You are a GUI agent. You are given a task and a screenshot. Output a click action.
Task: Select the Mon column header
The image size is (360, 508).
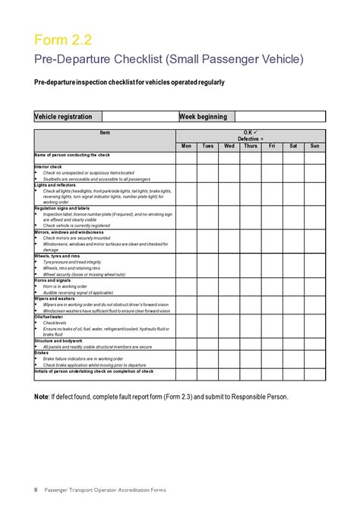[x=186, y=146]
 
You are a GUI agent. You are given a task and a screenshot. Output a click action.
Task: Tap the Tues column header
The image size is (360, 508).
[x=207, y=146]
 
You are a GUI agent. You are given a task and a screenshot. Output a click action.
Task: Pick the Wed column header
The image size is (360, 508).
[x=229, y=146]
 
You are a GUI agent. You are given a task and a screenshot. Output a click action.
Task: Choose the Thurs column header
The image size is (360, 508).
[x=250, y=146]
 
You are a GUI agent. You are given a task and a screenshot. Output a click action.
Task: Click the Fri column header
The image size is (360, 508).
[x=271, y=146]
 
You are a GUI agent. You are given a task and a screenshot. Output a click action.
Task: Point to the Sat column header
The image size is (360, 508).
[x=292, y=146]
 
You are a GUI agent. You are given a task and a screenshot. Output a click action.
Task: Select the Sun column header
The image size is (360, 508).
[x=314, y=146]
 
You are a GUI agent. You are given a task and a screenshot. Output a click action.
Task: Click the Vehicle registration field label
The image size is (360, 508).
[x=64, y=117]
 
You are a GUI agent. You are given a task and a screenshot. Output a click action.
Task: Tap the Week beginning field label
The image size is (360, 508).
[x=203, y=117]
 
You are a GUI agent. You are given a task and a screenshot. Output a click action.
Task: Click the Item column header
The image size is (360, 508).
[x=105, y=133]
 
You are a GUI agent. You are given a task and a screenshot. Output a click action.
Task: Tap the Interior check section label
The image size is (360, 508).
[x=48, y=166]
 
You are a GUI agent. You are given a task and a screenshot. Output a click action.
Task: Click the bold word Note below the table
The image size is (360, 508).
[x=42, y=396]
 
